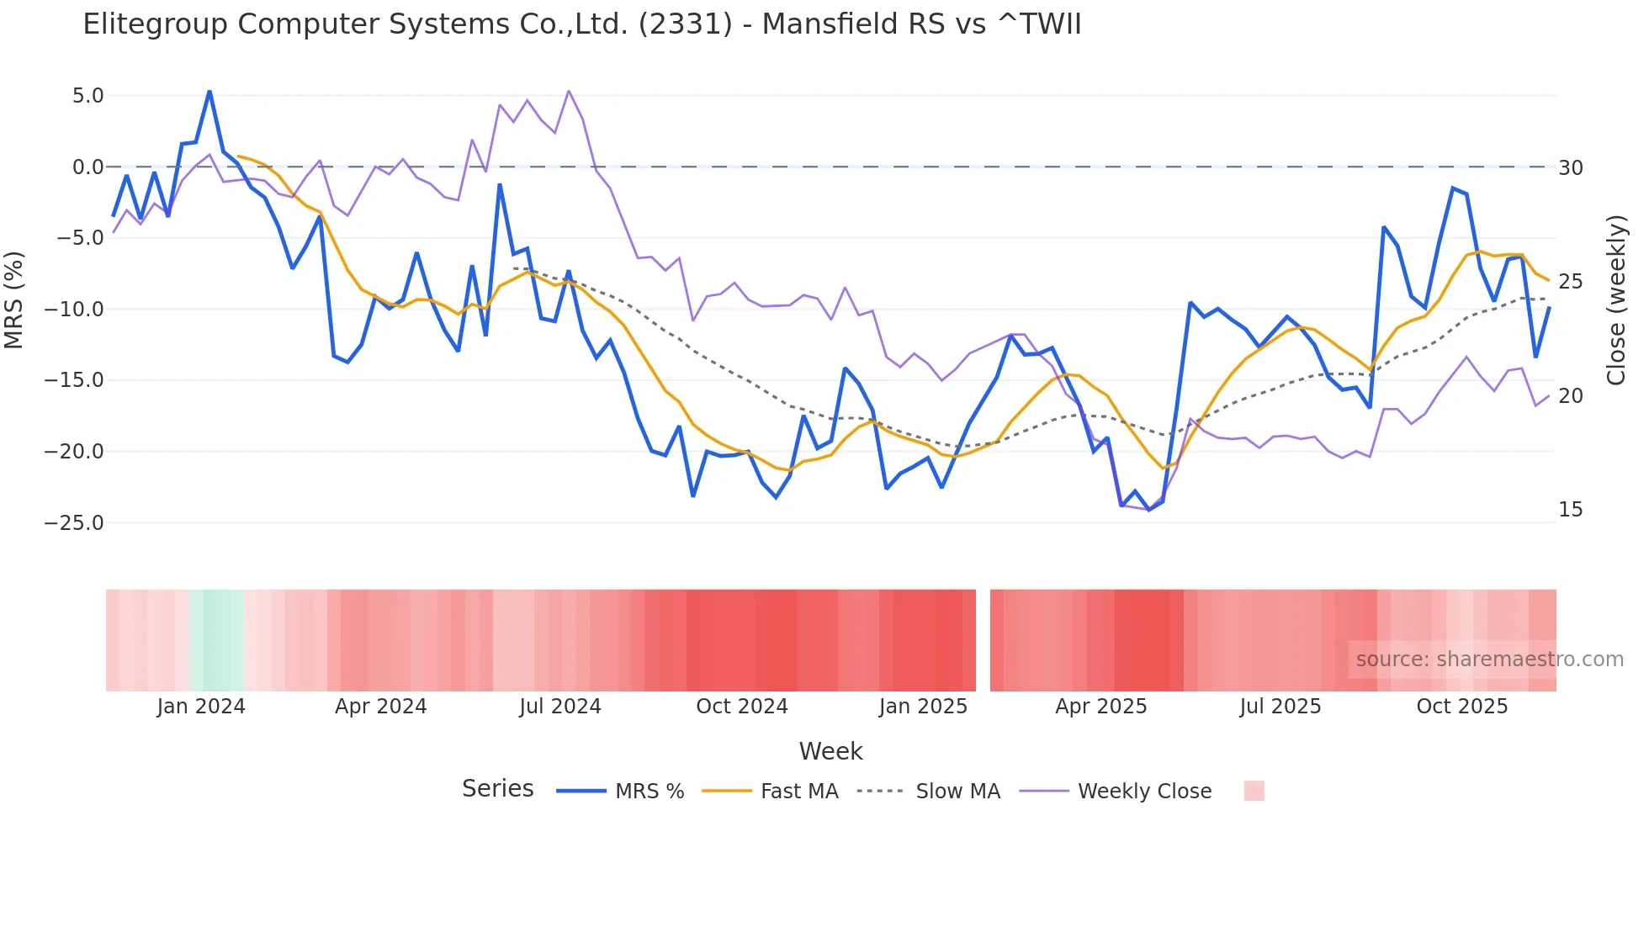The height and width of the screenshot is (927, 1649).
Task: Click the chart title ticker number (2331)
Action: coord(685,24)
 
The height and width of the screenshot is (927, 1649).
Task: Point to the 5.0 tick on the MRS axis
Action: coord(87,96)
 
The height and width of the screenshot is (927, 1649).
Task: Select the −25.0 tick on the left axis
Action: coord(74,523)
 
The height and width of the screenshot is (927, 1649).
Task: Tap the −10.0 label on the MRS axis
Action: coord(74,310)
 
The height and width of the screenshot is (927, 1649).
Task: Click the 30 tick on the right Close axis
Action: coord(1570,168)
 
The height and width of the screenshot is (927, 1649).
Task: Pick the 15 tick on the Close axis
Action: coord(1570,510)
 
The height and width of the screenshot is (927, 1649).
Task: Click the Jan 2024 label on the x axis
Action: coord(201,707)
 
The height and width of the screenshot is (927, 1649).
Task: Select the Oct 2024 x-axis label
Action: coord(741,707)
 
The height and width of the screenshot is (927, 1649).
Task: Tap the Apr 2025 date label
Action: coord(1100,707)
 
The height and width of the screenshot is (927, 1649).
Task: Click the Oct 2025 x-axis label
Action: coord(1461,707)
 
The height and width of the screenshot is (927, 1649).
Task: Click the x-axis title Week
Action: coord(830,751)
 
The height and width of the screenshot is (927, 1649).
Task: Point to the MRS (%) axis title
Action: coord(14,299)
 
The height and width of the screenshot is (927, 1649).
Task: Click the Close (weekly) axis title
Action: coord(1616,299)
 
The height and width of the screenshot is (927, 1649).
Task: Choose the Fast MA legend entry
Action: coord(798,792)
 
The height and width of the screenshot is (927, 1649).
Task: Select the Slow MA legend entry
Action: coord(957,792)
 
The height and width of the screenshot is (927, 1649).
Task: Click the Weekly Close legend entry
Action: coord(1144,792)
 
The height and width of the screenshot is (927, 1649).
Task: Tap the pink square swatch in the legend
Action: coord(1254,791)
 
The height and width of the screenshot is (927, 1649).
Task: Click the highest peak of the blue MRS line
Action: coord(209,91)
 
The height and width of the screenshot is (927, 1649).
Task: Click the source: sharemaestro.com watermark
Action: coord(1489,659)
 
